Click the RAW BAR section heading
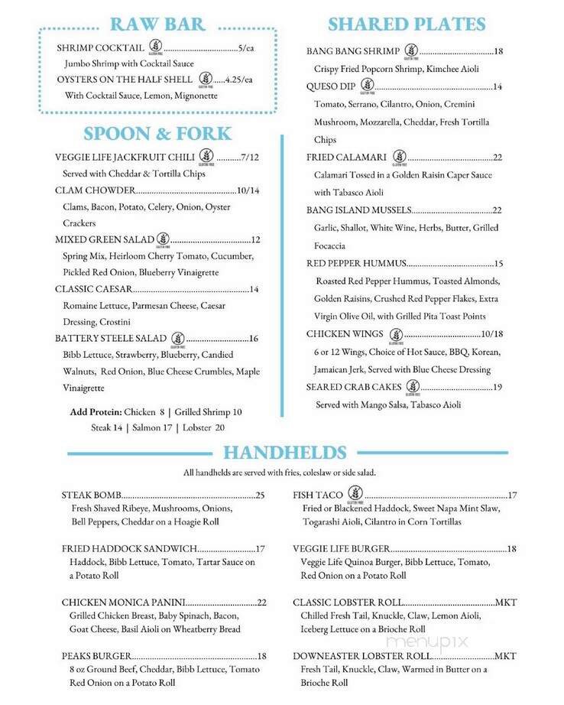157,24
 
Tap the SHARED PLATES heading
407,24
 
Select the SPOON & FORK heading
157,134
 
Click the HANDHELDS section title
285,452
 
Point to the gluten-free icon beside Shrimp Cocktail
155,45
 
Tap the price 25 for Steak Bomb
260,495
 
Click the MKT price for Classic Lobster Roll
506,603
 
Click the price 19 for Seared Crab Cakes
497,387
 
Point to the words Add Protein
93,411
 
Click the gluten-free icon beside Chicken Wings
396,333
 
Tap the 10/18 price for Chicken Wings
492,334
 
